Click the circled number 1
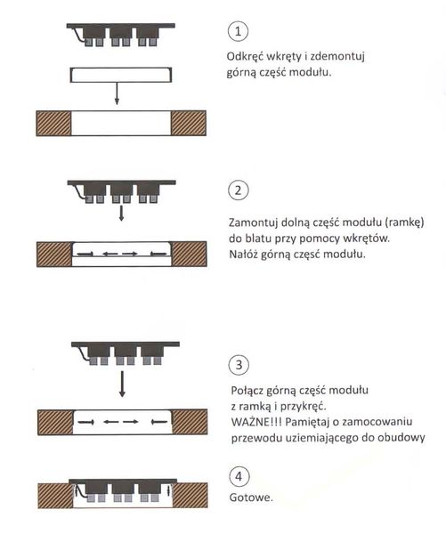(x=238, y=31)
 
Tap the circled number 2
(x=239, y=190)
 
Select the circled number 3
(x=239, y=365)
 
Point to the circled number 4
(x=239, y=476)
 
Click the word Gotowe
(x=251, y=498)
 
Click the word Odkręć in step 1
(x=245, y=56)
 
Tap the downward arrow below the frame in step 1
(x=117, y=93)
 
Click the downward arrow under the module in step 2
(x=121, y=213)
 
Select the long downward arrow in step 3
(x=122, y=384)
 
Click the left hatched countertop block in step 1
(x=53, y=124)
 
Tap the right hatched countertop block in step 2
(x=189, y=254)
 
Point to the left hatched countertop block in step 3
(x=55, y=422)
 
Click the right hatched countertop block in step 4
(x=191, y=496)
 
